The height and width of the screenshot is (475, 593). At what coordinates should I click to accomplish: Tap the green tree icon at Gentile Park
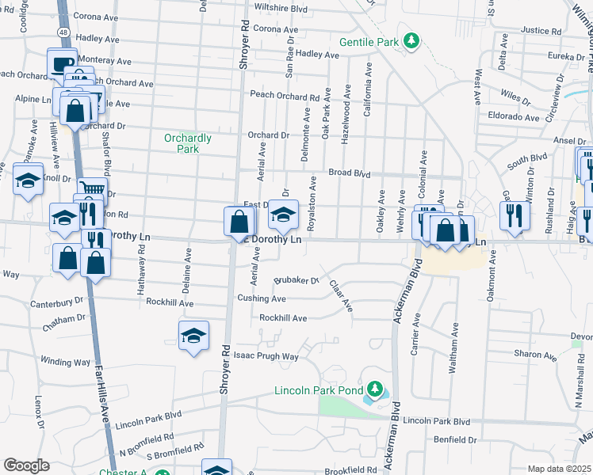pos(411,40)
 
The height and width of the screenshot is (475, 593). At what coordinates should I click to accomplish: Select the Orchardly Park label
pos(187,143)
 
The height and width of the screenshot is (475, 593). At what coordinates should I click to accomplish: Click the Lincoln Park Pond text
pos(318,390)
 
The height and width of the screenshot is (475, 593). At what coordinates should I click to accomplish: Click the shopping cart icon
pos(93,189)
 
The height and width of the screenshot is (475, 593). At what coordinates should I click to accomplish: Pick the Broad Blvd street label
pos(350,173)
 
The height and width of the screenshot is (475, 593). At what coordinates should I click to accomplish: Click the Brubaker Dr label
pos(296,280)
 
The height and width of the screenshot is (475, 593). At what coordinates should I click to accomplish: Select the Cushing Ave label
pos(262,298)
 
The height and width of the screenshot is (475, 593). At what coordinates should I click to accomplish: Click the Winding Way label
pos(66,362)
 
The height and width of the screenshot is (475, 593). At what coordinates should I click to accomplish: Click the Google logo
pos(26,465)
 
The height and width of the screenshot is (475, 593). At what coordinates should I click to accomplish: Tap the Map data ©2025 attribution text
pos(558,469)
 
